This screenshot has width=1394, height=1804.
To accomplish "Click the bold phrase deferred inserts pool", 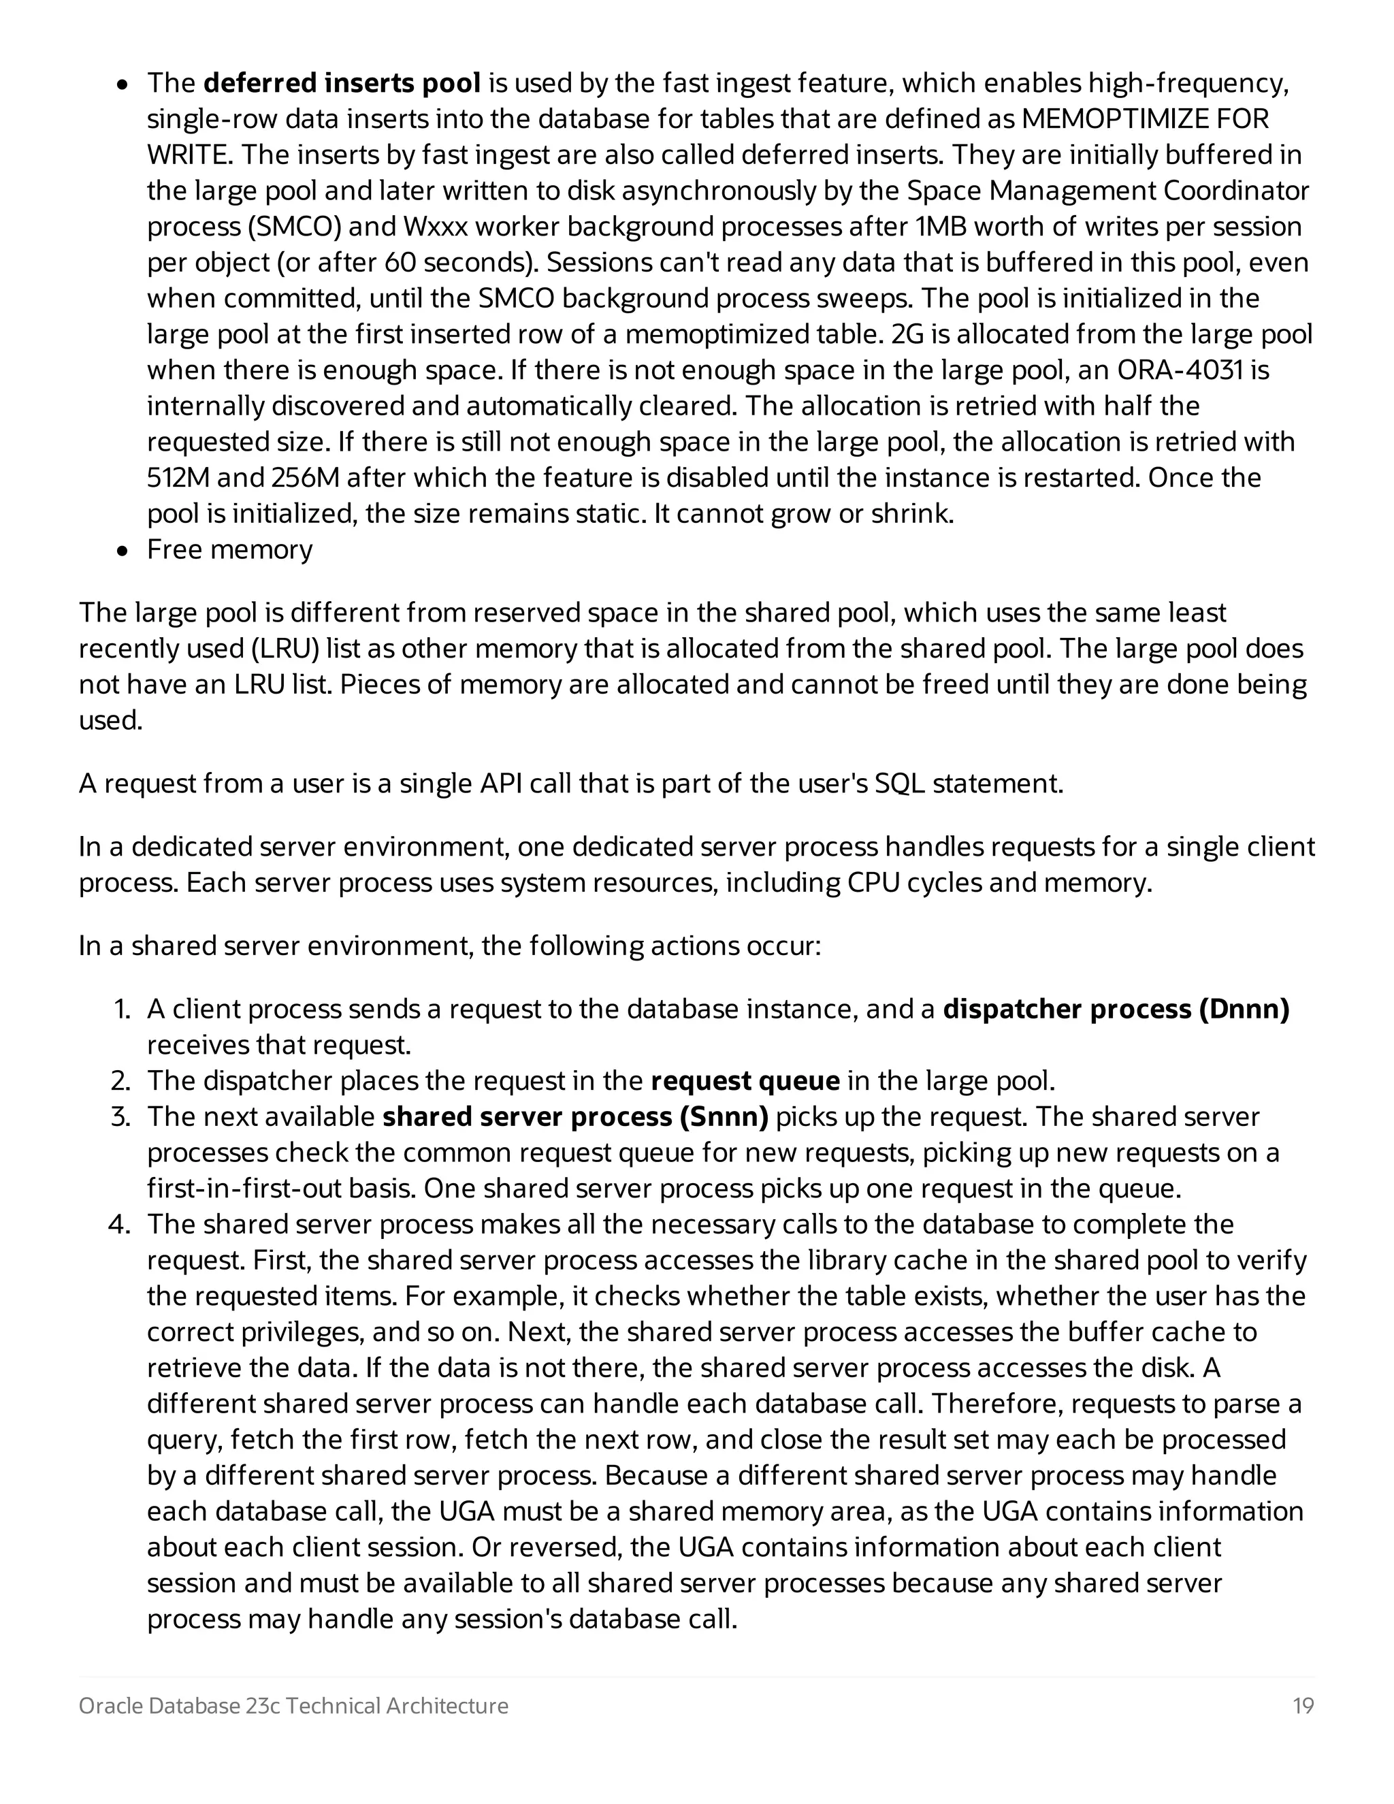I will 341,84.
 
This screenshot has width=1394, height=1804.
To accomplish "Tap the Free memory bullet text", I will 229,549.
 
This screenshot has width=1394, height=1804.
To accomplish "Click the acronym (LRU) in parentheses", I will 283,648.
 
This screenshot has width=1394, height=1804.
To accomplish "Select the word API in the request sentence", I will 500,783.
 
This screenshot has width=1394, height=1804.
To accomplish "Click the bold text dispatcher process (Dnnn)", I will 1116,1010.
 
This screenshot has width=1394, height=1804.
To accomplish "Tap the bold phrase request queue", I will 745,1080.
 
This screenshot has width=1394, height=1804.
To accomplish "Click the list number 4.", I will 120,1224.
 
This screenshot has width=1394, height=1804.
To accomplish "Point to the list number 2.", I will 120,1080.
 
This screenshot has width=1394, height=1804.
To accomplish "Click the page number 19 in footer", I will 1302,1706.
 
